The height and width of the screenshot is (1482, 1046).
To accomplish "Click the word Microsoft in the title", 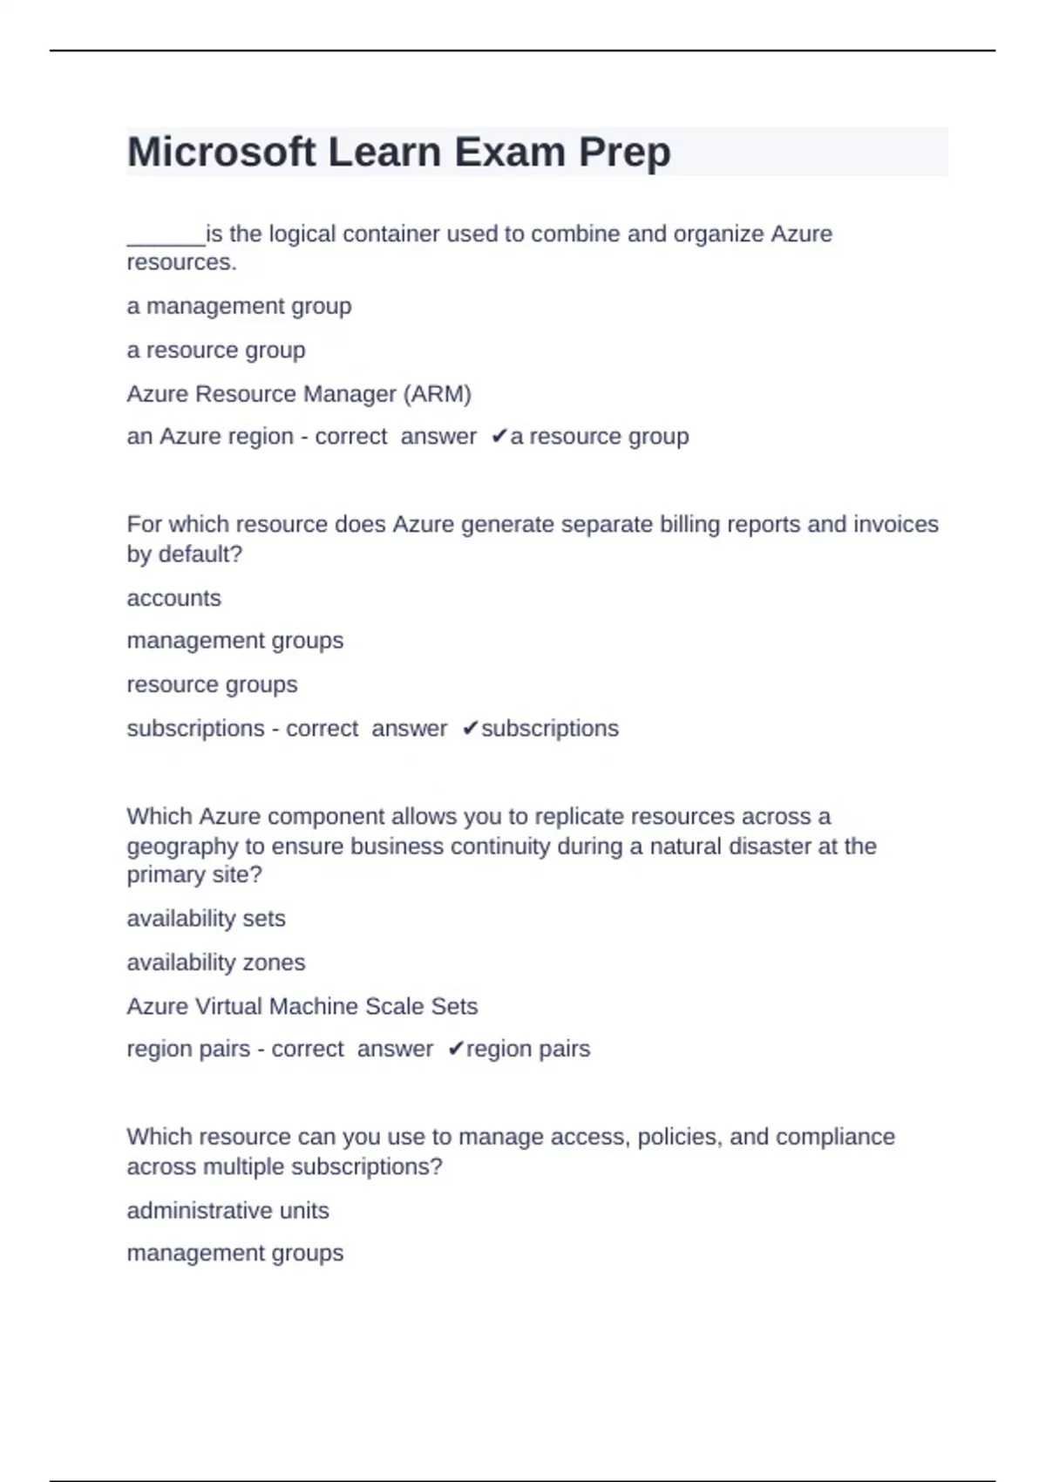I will coord(221,153).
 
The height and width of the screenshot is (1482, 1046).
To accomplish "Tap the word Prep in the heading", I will coord(624,153).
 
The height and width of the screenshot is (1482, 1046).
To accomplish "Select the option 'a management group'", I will coord(239,307).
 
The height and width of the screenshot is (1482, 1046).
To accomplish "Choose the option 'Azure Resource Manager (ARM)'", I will coord(299,394).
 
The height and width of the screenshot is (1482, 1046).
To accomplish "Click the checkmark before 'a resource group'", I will coord(499,436).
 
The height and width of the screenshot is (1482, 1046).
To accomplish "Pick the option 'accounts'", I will coord(173,599).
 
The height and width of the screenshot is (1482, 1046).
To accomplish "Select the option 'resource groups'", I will coord(212,685).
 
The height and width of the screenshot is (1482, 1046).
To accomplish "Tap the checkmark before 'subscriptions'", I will coord(470,728).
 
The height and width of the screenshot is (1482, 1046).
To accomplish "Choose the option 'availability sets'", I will coord(206,919).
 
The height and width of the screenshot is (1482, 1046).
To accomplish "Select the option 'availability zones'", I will coord(215,962).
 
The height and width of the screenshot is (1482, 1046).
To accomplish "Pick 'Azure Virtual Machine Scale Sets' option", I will coord(302,1006).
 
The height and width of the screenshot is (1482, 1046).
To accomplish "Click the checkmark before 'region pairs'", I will coord(456,1049).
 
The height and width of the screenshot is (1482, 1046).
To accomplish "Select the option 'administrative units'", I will coord(228,1211).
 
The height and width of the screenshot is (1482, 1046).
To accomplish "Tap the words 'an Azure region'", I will coord(209,437).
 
